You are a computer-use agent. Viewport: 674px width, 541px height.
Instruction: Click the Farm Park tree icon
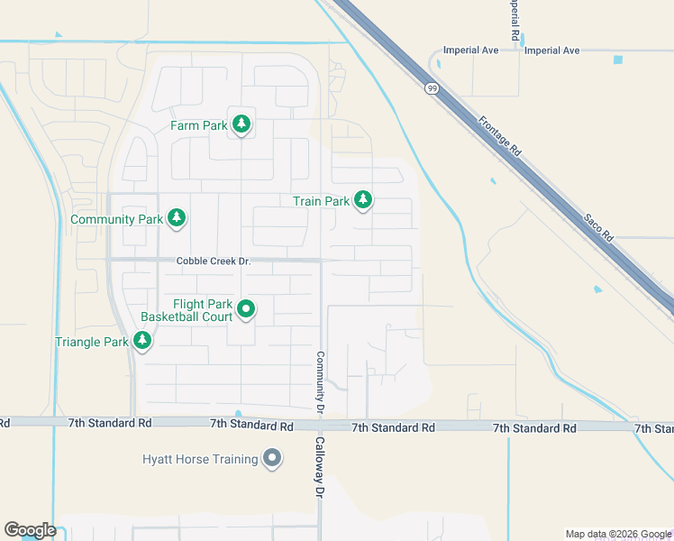tap(241, 124)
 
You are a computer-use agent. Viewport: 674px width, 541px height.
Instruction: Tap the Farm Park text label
tap(199, 126)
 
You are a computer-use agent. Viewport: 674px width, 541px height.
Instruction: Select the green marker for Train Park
tap(363, 200)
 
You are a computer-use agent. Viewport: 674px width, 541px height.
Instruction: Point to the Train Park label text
tap(321, 202)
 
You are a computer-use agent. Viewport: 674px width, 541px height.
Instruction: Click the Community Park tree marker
tap(178, 217)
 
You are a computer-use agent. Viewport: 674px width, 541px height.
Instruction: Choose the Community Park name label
tap(117, 219)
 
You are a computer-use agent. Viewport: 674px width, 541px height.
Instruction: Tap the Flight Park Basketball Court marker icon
tap(246, 310)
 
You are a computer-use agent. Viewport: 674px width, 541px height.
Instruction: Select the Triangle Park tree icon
tap(142, 341)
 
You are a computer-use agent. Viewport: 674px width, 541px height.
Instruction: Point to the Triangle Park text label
tap(92, 343)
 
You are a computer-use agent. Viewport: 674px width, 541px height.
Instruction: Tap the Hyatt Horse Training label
tap(200, 460)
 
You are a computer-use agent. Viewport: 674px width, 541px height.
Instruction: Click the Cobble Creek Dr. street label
tap(212, 261)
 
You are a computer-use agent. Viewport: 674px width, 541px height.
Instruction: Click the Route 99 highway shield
tap(432, 87)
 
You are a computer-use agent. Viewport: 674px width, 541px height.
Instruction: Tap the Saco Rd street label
tap(597, 226)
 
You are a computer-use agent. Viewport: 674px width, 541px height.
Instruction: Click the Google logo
tap(30, 530)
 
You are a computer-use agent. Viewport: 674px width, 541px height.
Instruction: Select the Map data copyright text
tap(617, 534)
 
